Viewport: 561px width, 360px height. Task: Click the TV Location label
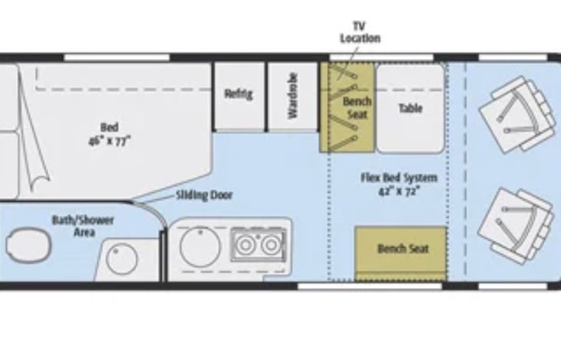click(360, 32)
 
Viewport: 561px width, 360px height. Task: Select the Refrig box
click(238, 95)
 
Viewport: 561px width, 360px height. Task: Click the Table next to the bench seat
click(410, 108)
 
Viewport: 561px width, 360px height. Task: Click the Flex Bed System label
click(399, 177)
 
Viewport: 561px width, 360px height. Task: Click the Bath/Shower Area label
click(83, 225)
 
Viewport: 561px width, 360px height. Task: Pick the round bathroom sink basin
click(121, 259)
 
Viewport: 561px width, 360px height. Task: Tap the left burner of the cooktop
click(246, 246)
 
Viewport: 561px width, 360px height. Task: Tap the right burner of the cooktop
click(269, 246)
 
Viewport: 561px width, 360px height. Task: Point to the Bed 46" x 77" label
click(109, 133)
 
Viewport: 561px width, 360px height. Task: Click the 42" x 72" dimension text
click(399, 190)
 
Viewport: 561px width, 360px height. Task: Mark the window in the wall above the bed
click(117, 58)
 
